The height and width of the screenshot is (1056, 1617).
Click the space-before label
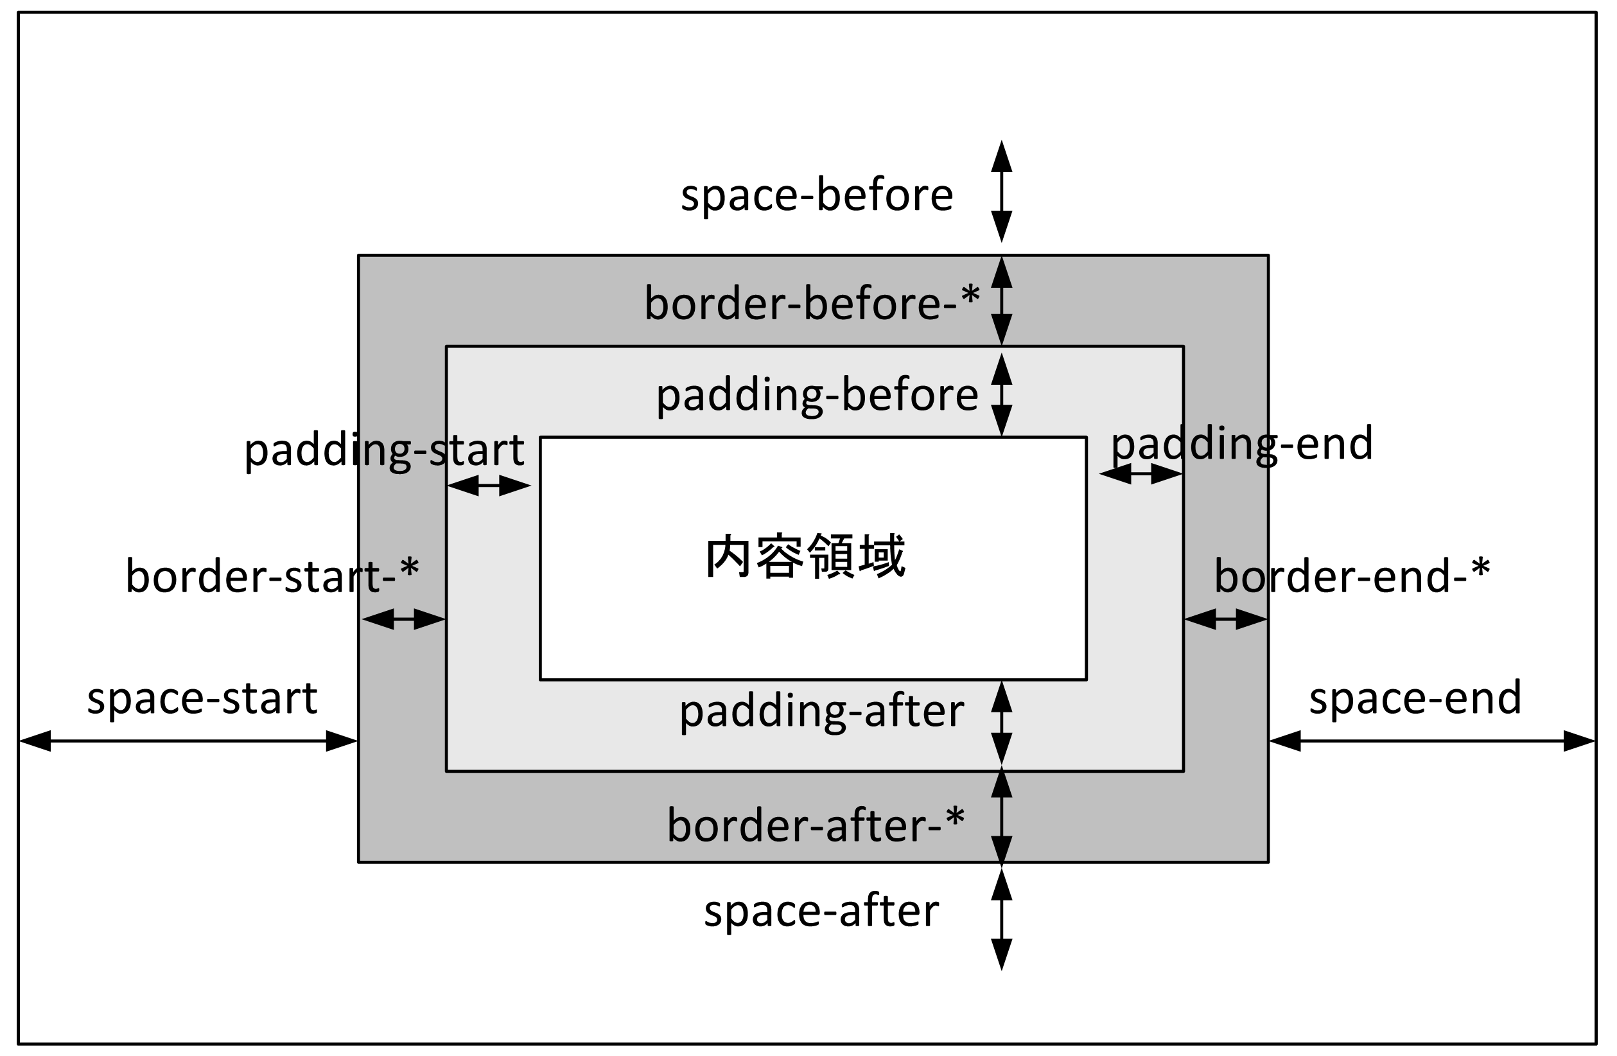[817, 196]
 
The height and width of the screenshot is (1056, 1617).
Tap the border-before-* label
[811, 304]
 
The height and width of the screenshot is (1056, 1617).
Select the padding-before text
[817, 396]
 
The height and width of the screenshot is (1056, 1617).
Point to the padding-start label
[384, 450]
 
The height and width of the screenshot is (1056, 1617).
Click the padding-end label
[1242, 444]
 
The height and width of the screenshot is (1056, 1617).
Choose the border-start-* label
[272, 577]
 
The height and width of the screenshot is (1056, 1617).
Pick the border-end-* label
[1352, 577]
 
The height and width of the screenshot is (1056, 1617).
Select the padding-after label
[821, 712]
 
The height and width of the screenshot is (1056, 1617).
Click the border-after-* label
[816, 826]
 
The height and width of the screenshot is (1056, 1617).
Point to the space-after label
[821, 911]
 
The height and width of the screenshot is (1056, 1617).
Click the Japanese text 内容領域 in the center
[805, 556]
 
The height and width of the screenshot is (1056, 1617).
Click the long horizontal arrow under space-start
[188, 741]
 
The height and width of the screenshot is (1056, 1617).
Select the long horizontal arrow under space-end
[1431, 741]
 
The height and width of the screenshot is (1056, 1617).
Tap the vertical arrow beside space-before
[1001, 191]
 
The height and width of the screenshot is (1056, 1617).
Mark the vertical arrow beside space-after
[1001, 919]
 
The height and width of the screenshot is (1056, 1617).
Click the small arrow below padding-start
[489, 486]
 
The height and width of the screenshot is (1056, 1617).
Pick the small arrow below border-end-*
[1226, 619]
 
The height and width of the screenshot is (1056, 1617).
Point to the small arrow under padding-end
[1141, 473]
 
